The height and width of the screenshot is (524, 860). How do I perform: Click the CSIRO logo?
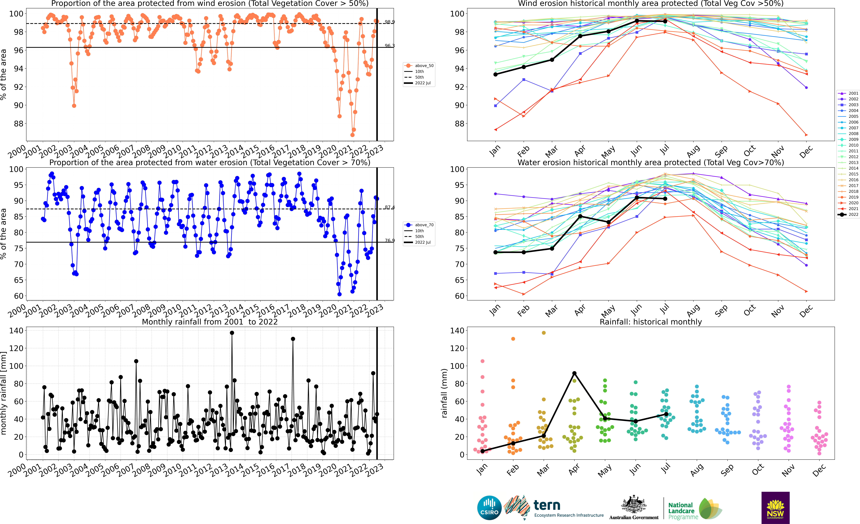[x=489, y=508]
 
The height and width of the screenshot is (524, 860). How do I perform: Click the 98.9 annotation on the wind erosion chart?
[x=389, y=22]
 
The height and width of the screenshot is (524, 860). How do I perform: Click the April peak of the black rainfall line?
[x=574, y=373]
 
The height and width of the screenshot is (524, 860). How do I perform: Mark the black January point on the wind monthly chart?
[x=495, y=74]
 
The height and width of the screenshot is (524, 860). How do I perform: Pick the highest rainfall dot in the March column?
[x=543, y=333]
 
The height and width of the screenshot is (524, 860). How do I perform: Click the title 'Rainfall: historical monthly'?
[x=651, y=322]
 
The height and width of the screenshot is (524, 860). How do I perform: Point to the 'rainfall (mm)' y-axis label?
[x=444, y=393]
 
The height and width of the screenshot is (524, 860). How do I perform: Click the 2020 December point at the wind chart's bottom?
[x=806, y=135]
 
